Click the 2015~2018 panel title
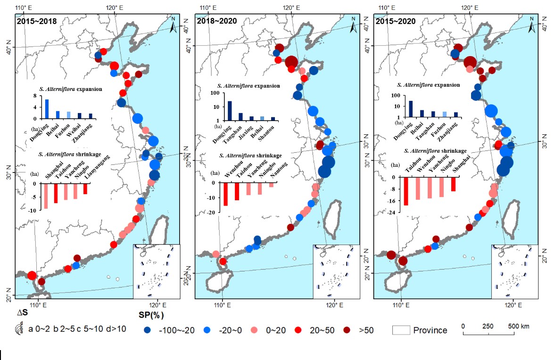click(37, 21)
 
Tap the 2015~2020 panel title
click(395, 21)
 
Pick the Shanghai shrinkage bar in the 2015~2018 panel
click(46, 196)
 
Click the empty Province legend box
click(401, 330)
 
